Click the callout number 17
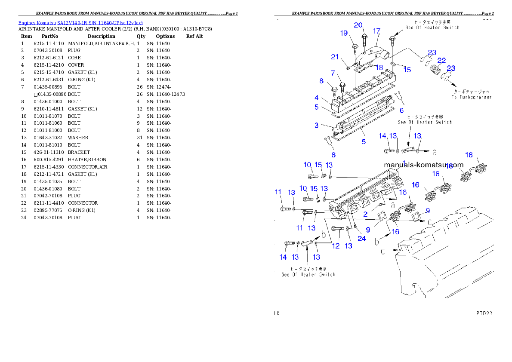(x=377, y=31)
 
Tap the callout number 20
(x=358, y=25)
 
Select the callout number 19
(x=344, y=33)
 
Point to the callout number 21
(x=335, y=57)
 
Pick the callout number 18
(x=379, y=67)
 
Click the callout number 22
(x=441, y=61)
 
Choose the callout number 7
(x=321, y=80)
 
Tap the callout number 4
(x=316, y=98)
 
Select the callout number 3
(x=316, y=125)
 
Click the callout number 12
(x=336, y=246)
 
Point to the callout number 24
(x=361, y=239)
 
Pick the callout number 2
(x=365, y=214)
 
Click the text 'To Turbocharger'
(x=471, y=97)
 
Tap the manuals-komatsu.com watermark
(x=423, y=165)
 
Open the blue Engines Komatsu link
(x=80, y=22)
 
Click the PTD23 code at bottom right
(x=484, y=313)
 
